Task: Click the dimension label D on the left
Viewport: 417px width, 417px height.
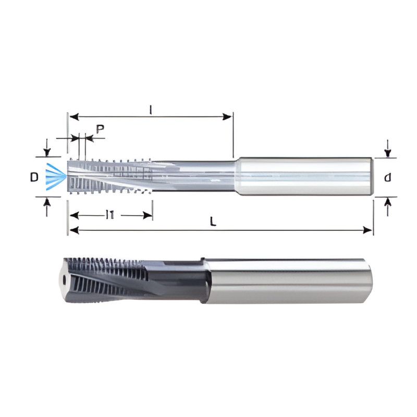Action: (x=34, y=178)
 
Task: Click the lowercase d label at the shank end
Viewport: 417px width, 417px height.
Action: (x=387, y=178)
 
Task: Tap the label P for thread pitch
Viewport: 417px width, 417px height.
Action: (x=100, y=128)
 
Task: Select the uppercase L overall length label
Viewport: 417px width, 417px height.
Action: (x=213, y=221)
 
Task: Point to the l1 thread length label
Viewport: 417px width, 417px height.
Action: (x=111, y=214)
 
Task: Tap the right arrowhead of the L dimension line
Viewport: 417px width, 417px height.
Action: (x=369, y=230)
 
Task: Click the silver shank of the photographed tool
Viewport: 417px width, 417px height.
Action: (x=287, y=281)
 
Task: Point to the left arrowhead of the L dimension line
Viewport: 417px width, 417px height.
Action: (x=73, y=230)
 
